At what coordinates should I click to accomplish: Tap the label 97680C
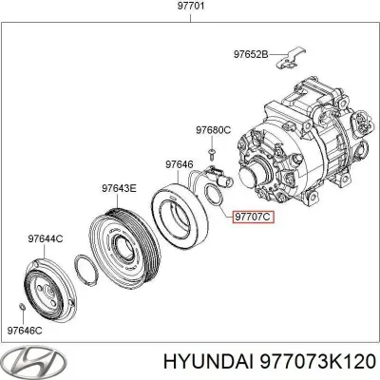coord(214,129)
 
